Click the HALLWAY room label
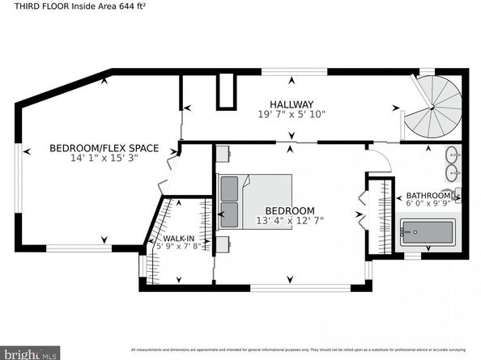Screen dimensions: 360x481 click(x=292, y=104)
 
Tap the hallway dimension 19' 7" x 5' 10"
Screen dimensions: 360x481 click(x=292, y=115)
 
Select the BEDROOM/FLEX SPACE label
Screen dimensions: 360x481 click(x=104, y=148)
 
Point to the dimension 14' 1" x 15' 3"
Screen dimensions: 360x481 click(x=104, y=159)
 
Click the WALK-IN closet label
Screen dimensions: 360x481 click(x=178, y=239)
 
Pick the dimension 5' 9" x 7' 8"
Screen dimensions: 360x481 click(x=178, y=248)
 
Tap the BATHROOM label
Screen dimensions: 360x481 click(x=428, y=196)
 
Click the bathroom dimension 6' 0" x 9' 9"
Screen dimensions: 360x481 click(x=428, y=205)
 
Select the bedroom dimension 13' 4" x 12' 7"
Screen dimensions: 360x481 click(x=289, y=220)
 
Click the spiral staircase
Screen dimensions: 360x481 click(x=433, y=108)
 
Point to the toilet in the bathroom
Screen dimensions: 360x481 click(x=457, y=194)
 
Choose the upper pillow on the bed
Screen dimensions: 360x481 click(x=230, y=188)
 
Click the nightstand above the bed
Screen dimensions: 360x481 click(x=223, y=153)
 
